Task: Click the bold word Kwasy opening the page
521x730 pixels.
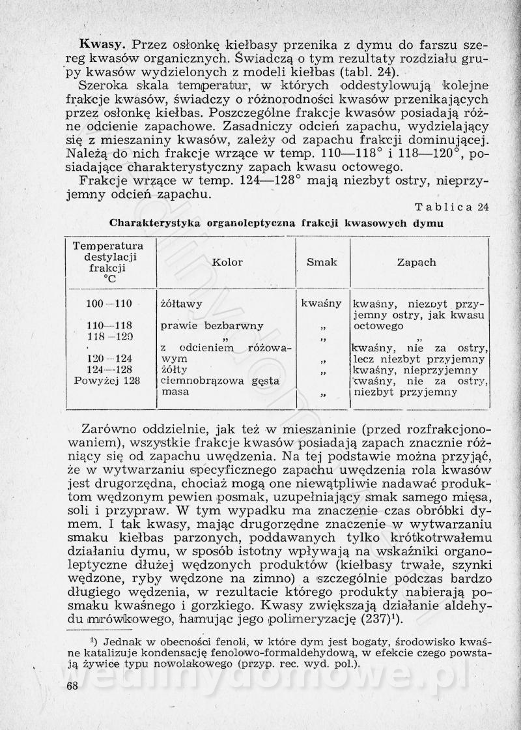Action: (x=102, y=45)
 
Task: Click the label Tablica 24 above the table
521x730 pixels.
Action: (x=452, y=207)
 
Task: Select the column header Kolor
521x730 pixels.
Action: (x=227, y=262)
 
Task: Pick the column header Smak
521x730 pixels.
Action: (x=322, y=262)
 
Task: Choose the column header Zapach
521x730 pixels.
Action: (x=417, y=262)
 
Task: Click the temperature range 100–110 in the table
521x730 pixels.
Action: (x=109, y=303)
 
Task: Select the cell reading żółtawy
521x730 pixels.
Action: (x=181, y=303)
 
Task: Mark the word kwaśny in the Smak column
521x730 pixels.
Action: (x=322, y=303)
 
